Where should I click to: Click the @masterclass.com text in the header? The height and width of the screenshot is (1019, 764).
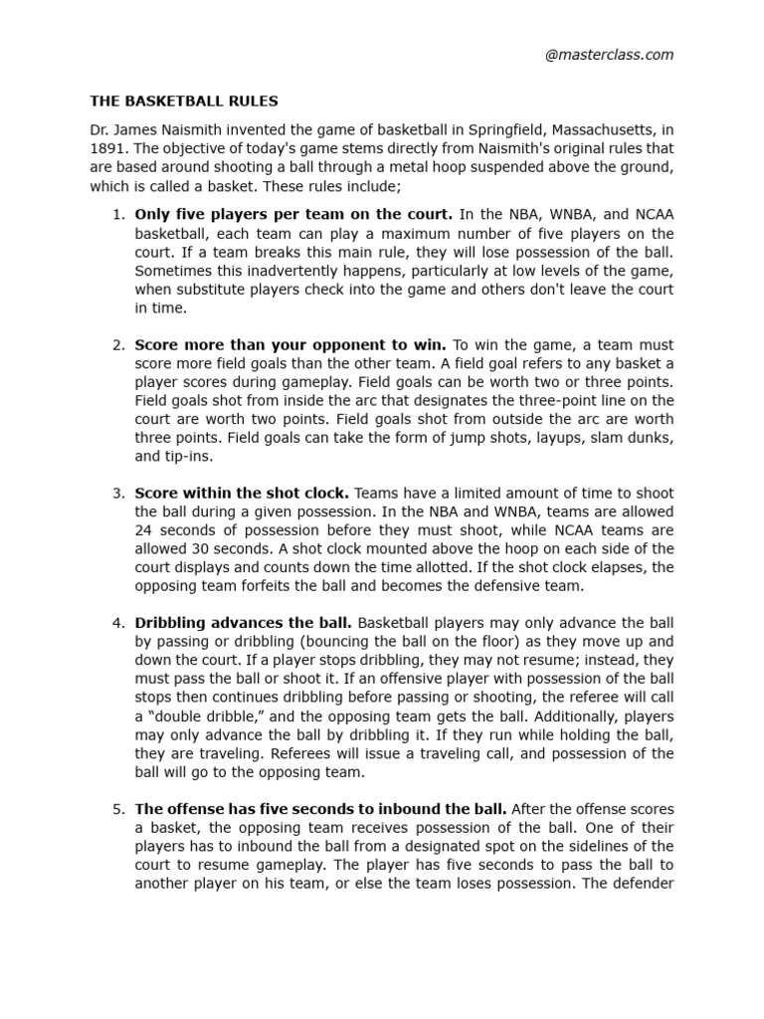click(609, 55)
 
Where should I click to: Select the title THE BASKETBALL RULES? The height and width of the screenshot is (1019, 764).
click(184, 102)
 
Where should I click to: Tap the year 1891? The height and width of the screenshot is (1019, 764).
click(105, 148)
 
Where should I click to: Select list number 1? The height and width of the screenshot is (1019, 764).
click(117, 214)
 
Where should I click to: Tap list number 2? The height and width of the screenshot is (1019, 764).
click(117, 344)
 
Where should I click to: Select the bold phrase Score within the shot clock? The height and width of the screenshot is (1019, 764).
click(241, 493)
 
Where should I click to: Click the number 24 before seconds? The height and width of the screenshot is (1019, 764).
click(143, 530)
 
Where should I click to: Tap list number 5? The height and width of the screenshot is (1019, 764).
click(117, 809)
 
